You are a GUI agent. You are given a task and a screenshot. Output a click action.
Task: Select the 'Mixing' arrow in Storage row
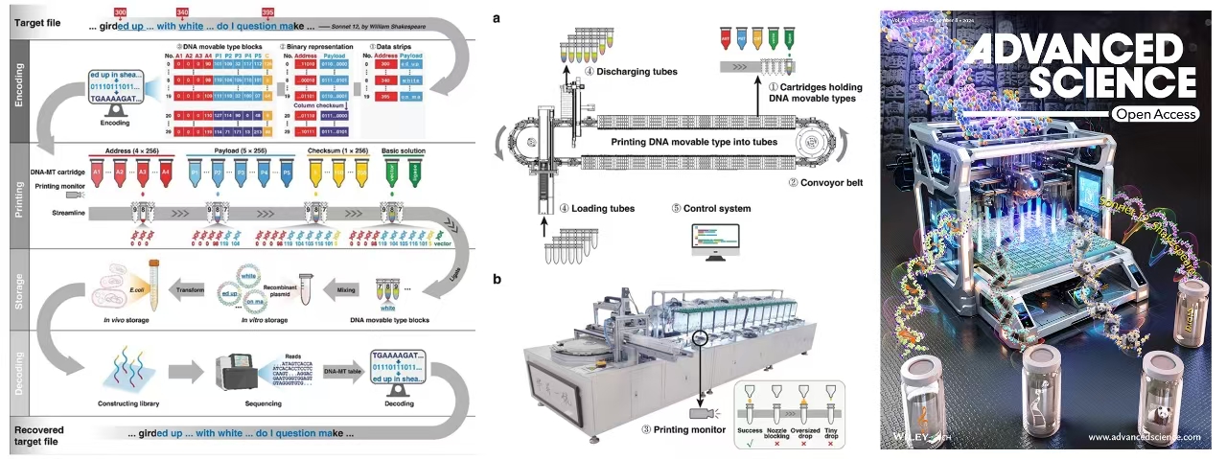pyautogui.click(x=347, y=285)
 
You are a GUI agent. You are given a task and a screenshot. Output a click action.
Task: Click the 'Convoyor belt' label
pyautogui.click(x=824, y=181)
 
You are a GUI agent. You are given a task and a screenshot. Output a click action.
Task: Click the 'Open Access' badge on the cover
pyautogui.click(x=1154, y=114)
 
